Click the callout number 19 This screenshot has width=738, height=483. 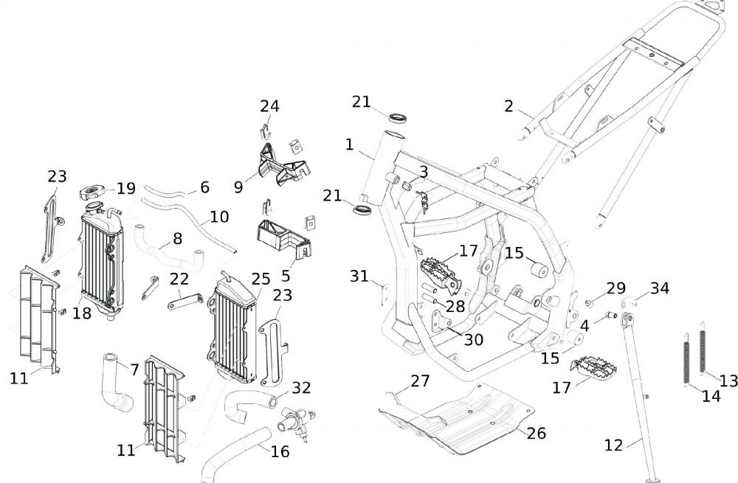coord(126,188)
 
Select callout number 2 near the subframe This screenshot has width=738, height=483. coord(508,107)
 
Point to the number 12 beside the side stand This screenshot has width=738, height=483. coord(613,445)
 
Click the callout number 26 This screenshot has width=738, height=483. coord(537,433)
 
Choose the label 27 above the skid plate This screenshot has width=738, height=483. coord(420,381)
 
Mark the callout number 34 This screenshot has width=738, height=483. coord(660,288)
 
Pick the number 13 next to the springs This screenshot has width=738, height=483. coord(728,380)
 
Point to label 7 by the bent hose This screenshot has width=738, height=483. coord(134,369)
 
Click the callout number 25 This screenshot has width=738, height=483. coord(261,279)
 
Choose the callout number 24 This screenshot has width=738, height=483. coord(269,106)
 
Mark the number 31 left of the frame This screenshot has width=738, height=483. coord(359,276)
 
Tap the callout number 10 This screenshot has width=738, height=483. coord(219,218)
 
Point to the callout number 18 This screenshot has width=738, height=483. coord(81,313)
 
